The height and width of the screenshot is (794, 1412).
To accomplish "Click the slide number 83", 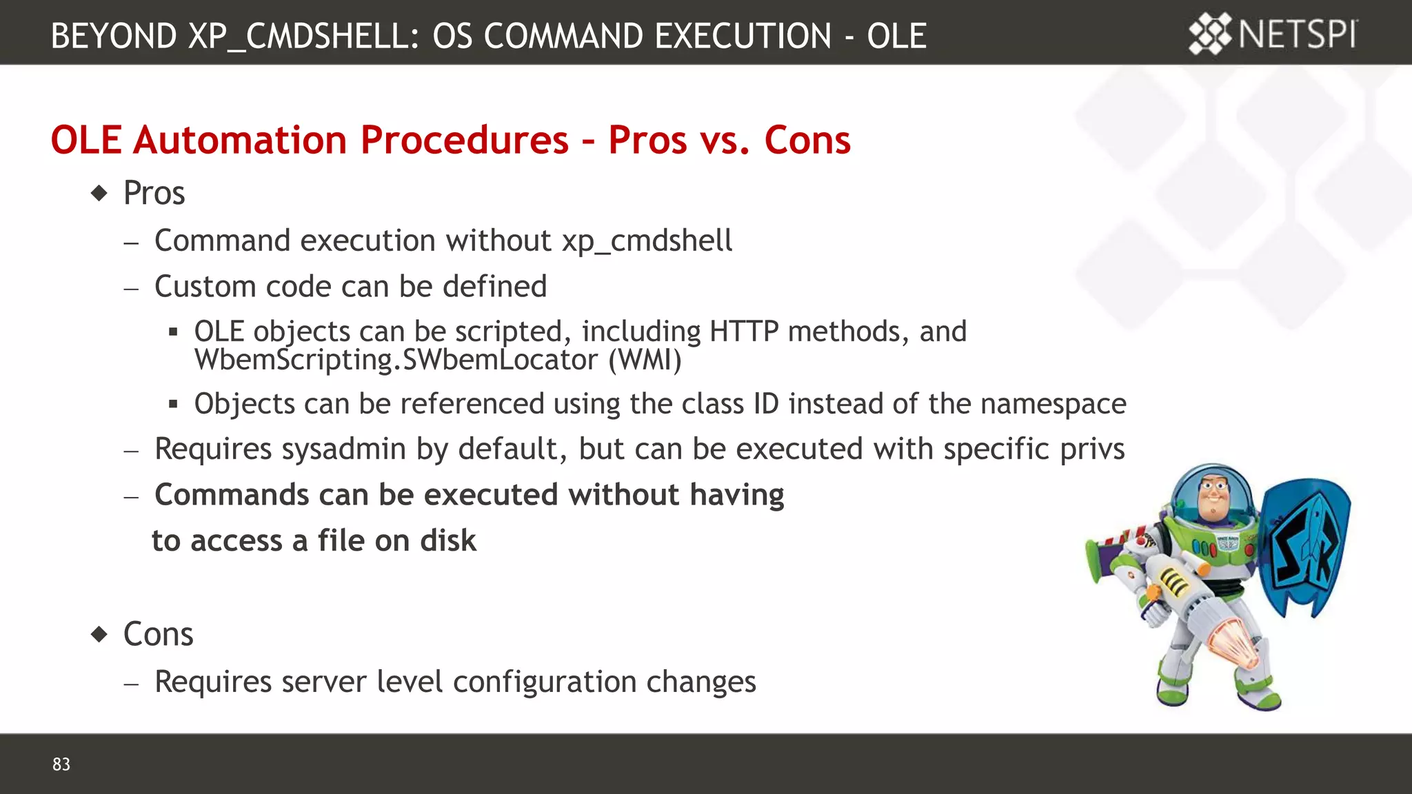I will [61, 764].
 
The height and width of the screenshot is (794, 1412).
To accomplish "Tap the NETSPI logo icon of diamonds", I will [1209, 34].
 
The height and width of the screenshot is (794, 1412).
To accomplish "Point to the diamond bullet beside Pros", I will [100, 193].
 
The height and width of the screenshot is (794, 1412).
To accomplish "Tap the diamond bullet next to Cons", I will [100, 634].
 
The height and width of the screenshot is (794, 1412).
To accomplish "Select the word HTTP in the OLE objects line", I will [744, 332].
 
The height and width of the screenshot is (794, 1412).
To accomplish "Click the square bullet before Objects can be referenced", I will [173, 405].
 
